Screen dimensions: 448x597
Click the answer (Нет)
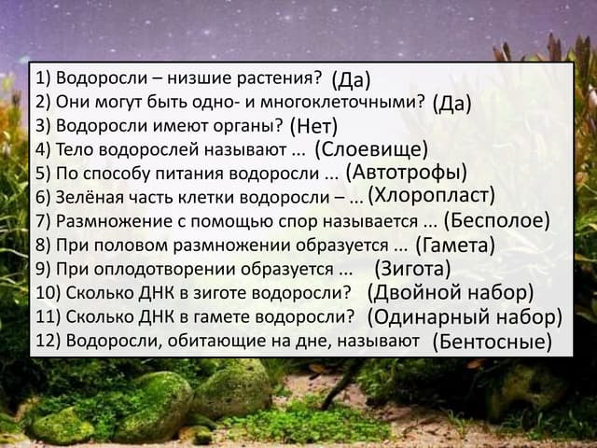[313, 125]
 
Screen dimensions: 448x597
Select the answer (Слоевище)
[370, 149]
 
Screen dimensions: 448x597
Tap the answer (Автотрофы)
[406, 173]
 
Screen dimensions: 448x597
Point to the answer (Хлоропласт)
[430, 196]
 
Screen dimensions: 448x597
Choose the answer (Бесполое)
[496, 221]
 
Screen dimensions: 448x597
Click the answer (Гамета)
[454, 245]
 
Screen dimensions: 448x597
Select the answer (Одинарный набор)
[465, 316]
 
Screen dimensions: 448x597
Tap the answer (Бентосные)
[493, 341]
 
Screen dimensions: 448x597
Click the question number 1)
[43, 77]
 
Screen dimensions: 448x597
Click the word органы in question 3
[249, 125]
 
